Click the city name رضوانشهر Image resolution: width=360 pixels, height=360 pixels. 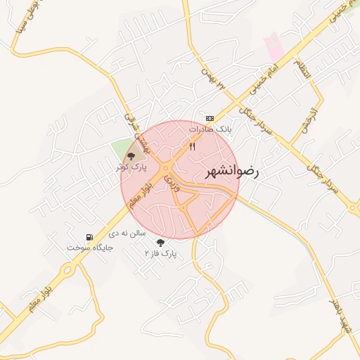(x=233, y=172)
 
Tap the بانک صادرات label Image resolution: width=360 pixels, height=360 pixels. (x=210, y=130)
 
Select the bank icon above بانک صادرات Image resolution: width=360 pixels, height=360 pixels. (x=209, y=118)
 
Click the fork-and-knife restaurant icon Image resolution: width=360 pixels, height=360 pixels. (x=192, y=146)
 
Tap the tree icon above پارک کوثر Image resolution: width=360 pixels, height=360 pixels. (x=130, y=156)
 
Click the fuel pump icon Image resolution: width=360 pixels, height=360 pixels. (x=89, y=237)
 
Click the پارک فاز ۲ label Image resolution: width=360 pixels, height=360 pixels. (x=161, y=252)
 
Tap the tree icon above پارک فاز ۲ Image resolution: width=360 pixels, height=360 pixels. (x=162, y=242)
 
